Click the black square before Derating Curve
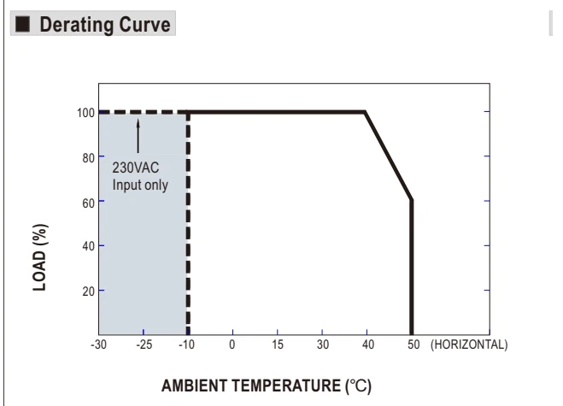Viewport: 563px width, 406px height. coord(22,24)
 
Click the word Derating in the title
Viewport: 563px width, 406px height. coord(77,25)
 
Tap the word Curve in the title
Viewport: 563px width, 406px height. coord(144,25)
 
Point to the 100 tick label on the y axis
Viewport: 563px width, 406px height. coord(85,113)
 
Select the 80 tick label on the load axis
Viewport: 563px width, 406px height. coord(88,158)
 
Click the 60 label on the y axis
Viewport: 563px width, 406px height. coord(88,203)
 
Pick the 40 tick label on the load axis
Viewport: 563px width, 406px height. coord(88,246)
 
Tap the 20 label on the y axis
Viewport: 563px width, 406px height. coord(88,291)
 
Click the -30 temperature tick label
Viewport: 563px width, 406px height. coord(99,344)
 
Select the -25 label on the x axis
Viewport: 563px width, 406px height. coord(144,344)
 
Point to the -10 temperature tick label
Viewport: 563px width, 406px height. coord(187,344)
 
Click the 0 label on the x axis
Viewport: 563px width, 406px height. coord(232,344)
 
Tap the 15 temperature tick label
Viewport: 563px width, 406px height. coord(278,344)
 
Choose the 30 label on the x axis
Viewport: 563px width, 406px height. coord(323,344)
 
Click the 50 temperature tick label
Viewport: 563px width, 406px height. coord(413,344)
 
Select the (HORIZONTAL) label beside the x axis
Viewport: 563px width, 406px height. coord(469,344)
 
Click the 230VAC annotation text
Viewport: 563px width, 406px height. coord(136,168)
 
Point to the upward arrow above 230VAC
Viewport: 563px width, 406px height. coord(138,136)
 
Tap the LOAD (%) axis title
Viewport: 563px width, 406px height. coord(40,257)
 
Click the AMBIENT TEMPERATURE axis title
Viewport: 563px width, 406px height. coord(267,385)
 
